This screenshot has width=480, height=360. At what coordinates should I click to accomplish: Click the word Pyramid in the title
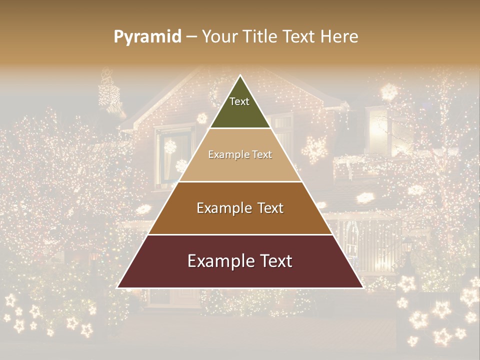click(x=147, y=37)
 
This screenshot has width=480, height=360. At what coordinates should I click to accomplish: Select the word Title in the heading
click(x=260, y=37)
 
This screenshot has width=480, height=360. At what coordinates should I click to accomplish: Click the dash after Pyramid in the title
click(x=191, y=37)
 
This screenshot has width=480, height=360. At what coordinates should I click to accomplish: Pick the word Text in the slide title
click(x=299, y=37)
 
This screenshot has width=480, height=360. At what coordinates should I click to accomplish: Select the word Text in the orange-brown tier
click(x=270, y=208)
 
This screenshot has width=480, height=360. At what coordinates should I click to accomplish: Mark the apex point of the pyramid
click(x=240, y=75)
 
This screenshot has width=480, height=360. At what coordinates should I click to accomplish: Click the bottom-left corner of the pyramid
click(x=117, y=287)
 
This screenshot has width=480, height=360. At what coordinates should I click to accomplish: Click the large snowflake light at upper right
click(x=388, y=92)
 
